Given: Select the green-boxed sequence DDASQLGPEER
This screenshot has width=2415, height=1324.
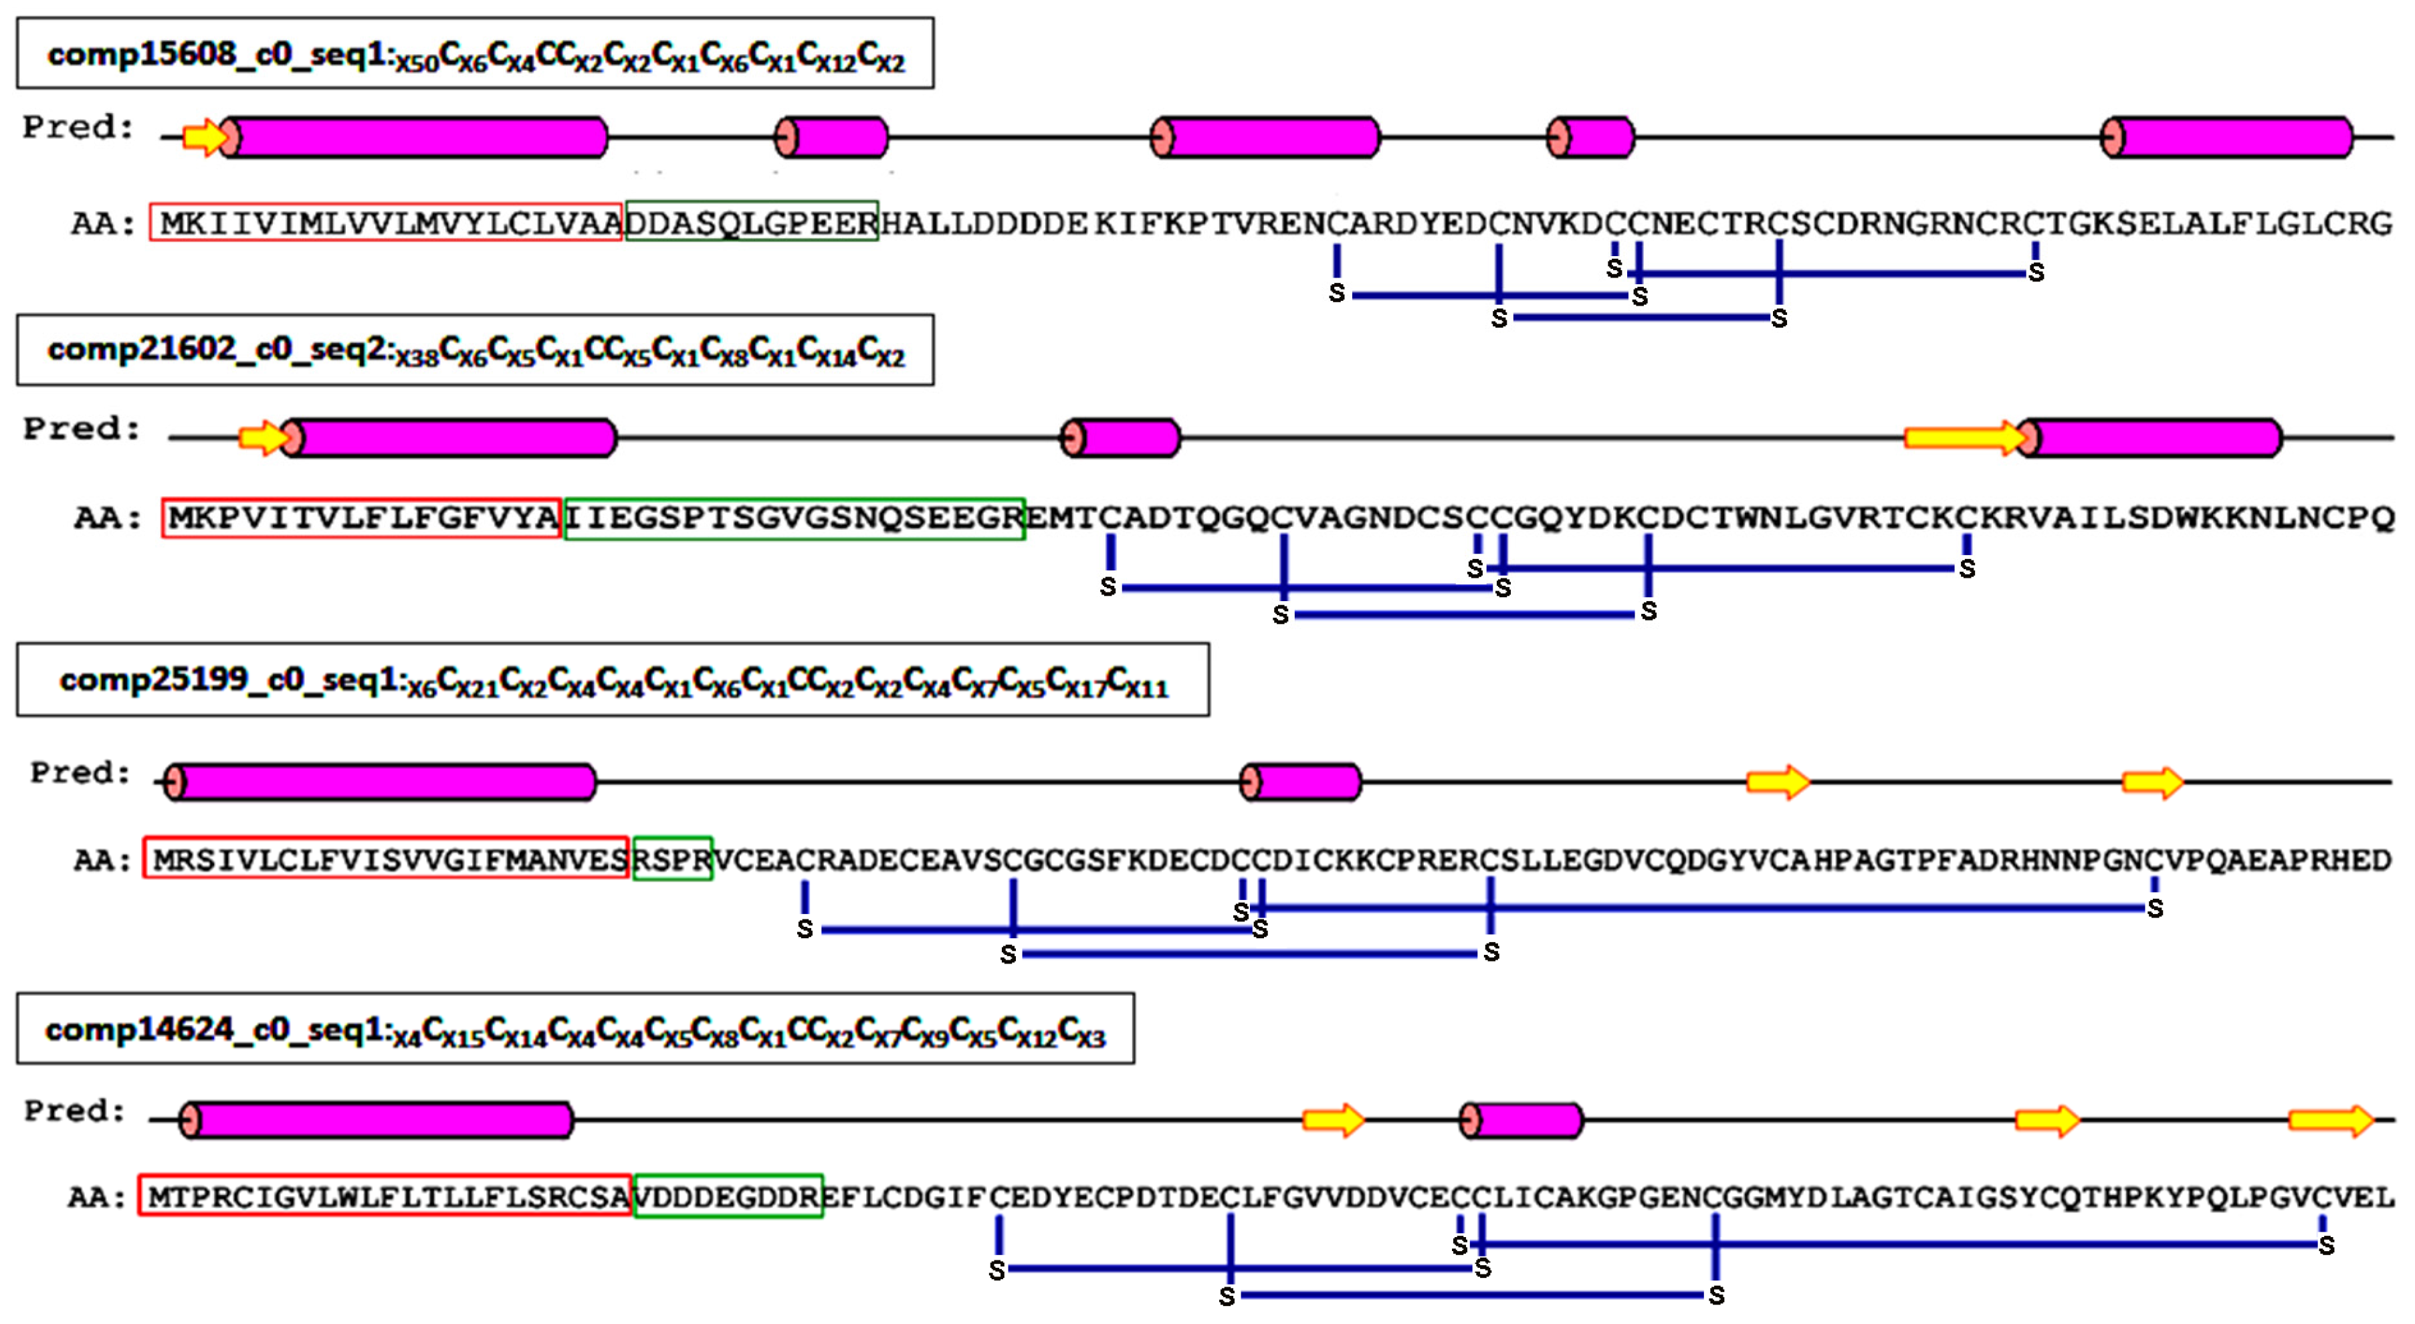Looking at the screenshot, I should coord(752,222).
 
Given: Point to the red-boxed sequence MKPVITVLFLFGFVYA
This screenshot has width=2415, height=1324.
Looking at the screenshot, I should coord(362,518).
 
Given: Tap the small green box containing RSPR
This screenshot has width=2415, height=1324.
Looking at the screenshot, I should coord(672,858).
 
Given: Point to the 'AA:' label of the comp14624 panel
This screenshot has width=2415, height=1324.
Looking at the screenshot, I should coord(96,1198).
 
